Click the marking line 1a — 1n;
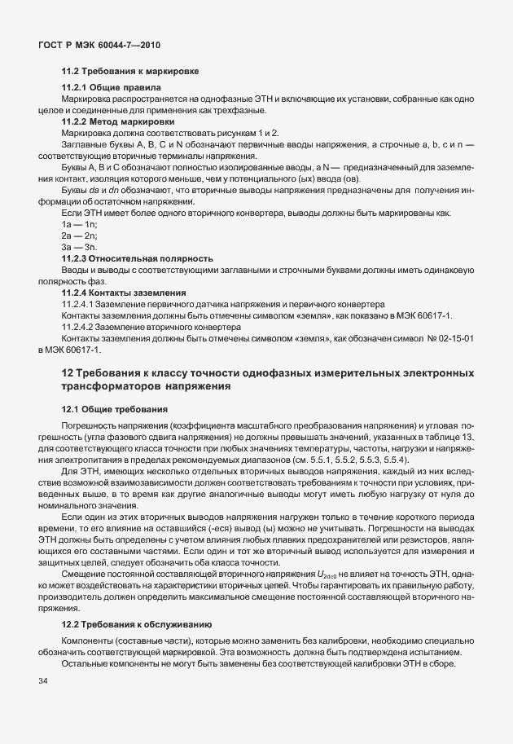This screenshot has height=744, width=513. tap(79, 223)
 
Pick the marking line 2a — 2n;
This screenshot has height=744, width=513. tap(79, 235)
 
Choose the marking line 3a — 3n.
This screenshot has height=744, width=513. tap(79, 246)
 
